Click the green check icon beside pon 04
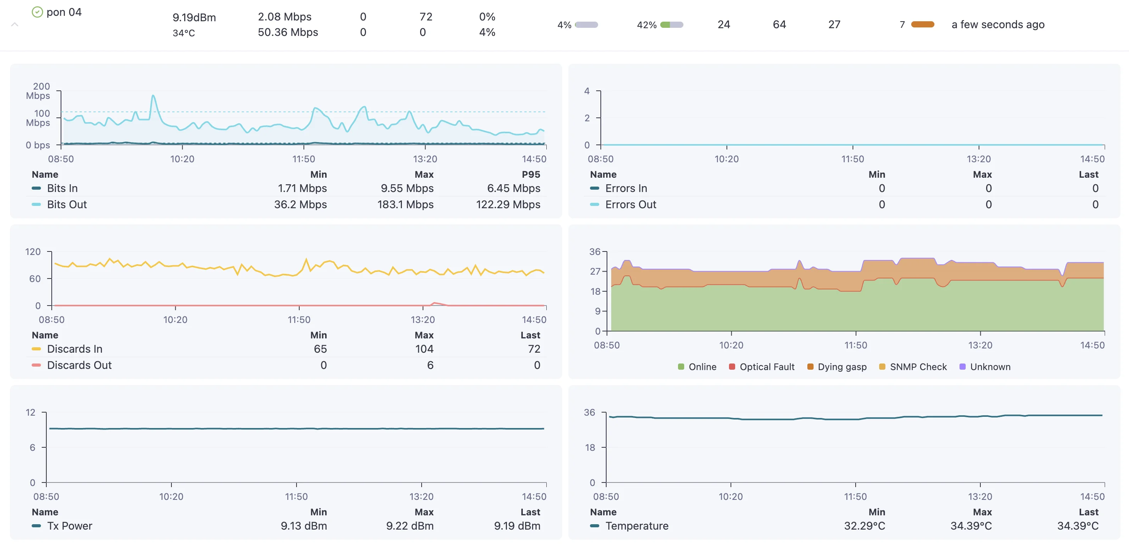coord(37,12)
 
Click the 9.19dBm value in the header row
coord(194,17)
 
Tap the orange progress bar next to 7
coord(922,25)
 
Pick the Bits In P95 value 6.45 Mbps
coord(513,188)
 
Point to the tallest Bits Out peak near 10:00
coord(153,96)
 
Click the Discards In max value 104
coord(424,349)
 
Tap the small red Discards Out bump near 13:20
coord(434,303)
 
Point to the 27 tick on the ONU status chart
coord(595,272)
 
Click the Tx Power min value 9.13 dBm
coord(303,525)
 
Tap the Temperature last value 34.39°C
coord(1077,525)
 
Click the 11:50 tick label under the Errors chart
coord(853,159)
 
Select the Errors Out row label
coord(630,204)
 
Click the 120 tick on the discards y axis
coord(33,252)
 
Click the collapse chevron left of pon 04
coord(14,25)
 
